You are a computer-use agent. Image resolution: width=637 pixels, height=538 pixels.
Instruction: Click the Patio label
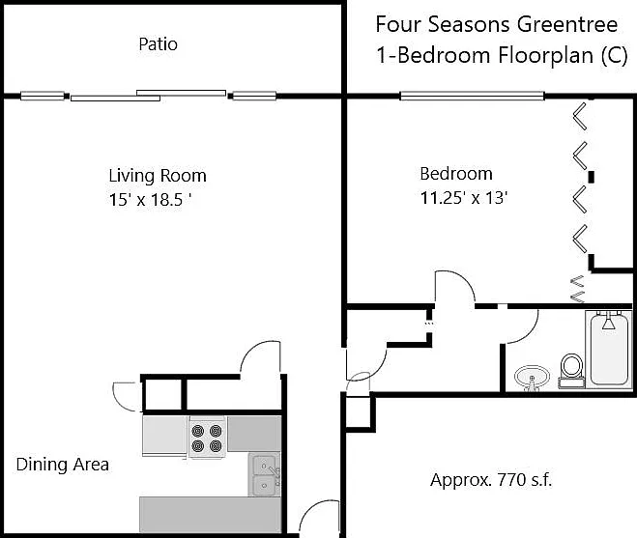tap(158, 43)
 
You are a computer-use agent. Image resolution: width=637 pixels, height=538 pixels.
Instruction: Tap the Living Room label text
tap(158, 176)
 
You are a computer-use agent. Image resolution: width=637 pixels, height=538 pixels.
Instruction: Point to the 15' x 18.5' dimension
tap(151, 199)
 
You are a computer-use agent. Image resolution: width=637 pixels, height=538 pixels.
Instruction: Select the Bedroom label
tap(456, 174)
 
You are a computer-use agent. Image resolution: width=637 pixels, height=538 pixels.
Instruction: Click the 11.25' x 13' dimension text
tap(464, 198)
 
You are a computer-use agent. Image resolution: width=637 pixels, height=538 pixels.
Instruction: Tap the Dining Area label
tap(63, 464)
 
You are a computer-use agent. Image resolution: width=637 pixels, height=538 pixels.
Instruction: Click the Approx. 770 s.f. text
tap(491, 480)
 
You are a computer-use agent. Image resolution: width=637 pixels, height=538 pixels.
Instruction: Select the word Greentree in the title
tap(567, 24)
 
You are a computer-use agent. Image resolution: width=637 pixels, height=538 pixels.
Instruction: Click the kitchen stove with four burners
tap(207, 438)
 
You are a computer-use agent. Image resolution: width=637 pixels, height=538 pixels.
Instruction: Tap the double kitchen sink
tap(264, 474)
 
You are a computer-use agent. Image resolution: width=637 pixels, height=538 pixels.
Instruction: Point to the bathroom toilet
tap(571, 370)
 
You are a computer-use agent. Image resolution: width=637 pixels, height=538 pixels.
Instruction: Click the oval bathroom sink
tap(532, 379)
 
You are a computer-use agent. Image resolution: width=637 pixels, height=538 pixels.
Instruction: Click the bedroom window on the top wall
tap(472, 97)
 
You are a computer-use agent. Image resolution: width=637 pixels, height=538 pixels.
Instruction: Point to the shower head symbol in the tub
tap(608, 323)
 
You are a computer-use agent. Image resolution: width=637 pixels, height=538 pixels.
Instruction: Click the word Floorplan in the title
tap(546, 55)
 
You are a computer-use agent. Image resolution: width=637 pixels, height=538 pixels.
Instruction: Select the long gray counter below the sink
tap(210, 514)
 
